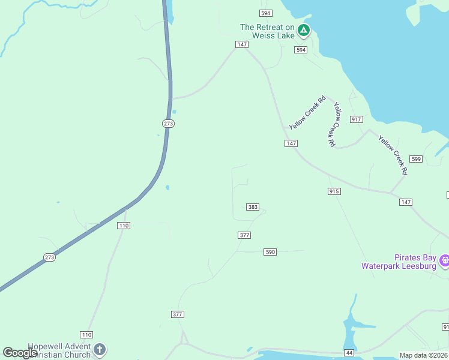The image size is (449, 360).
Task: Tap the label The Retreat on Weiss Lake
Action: point(267,31)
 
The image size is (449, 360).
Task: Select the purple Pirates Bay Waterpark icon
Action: point(445,260)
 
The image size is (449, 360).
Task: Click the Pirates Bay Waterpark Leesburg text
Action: point(399,262)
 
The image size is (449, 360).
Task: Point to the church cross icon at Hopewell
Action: point(100,349)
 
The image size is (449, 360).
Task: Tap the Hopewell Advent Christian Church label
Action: point(59,350)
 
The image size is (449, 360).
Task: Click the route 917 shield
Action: point(357,119)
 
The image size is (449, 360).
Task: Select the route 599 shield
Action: point(416,158)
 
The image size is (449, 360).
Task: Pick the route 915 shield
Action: point(334,191)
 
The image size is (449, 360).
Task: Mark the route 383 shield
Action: point(253,207)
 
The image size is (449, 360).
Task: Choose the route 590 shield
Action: point(270,252)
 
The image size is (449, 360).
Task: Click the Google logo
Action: point(20,353)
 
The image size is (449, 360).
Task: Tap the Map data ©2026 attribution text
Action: point(423,355)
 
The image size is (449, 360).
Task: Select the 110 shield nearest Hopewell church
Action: point(86,334)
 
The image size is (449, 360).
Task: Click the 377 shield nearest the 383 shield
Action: point(244,235)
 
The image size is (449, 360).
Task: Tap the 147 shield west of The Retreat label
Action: point(242,44)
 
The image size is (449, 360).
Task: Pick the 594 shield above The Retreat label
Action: point(266,13)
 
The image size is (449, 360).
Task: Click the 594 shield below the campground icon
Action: point(301,50)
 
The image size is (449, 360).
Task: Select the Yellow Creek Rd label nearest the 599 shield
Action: point(393,155)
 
